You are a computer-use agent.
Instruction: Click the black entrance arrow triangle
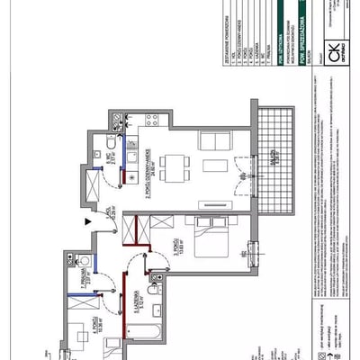point(86,220)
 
